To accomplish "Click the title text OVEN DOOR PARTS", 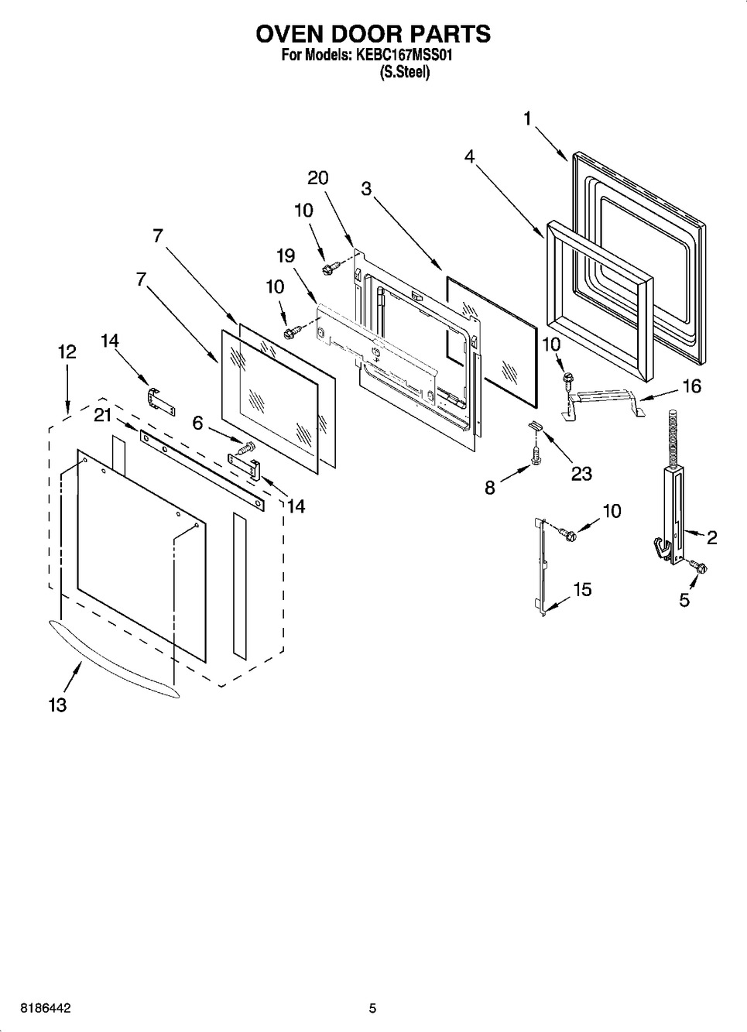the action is click(x=373, y=33).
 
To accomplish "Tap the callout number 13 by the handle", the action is click(x=58, y=705).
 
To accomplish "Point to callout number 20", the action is click(x=318, y=178).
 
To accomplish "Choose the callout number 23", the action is click(x=581, y=473).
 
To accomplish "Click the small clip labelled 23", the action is click(x=535, y=424).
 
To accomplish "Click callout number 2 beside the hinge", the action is click(x=712, y=537).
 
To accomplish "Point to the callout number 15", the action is click(x=582, y=589).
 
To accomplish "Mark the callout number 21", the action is click(x=103, y=416).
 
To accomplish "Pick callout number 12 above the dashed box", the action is click(x=67, y=352).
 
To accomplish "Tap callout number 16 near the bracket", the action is click(x=691, y=386).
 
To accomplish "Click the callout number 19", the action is click(x=286, y=255).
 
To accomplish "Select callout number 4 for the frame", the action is click(x=469, y=156).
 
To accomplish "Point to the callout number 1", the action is click(x=527, y=118).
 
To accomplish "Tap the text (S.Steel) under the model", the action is click(x=404, y=73).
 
